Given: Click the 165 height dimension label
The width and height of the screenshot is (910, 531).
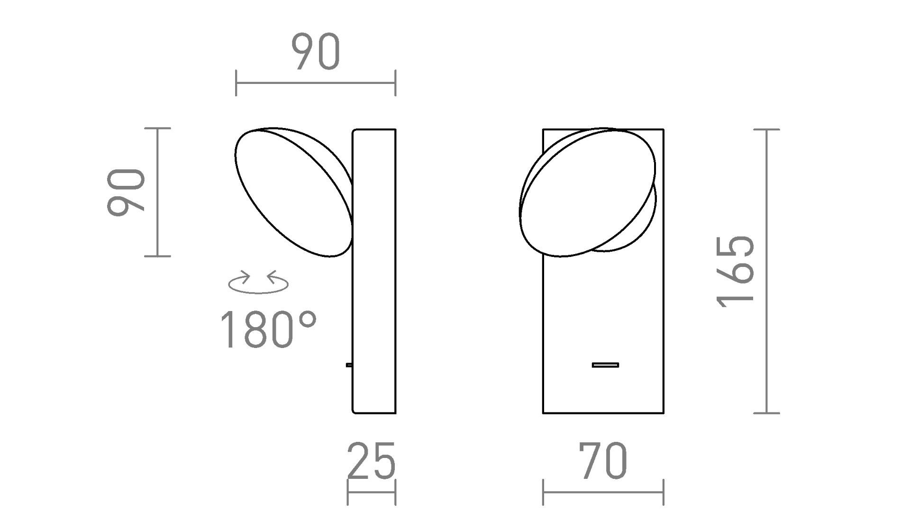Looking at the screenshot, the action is [x=736, y=271].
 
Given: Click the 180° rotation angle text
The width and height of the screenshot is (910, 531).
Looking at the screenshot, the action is [x=268, y=329].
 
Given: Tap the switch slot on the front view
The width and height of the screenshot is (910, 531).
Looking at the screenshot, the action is [x=605, y=365].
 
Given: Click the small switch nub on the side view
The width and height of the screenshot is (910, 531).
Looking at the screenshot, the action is [x=349, y=365].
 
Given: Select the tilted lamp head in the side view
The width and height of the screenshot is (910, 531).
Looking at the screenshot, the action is [x=294, y=192].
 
